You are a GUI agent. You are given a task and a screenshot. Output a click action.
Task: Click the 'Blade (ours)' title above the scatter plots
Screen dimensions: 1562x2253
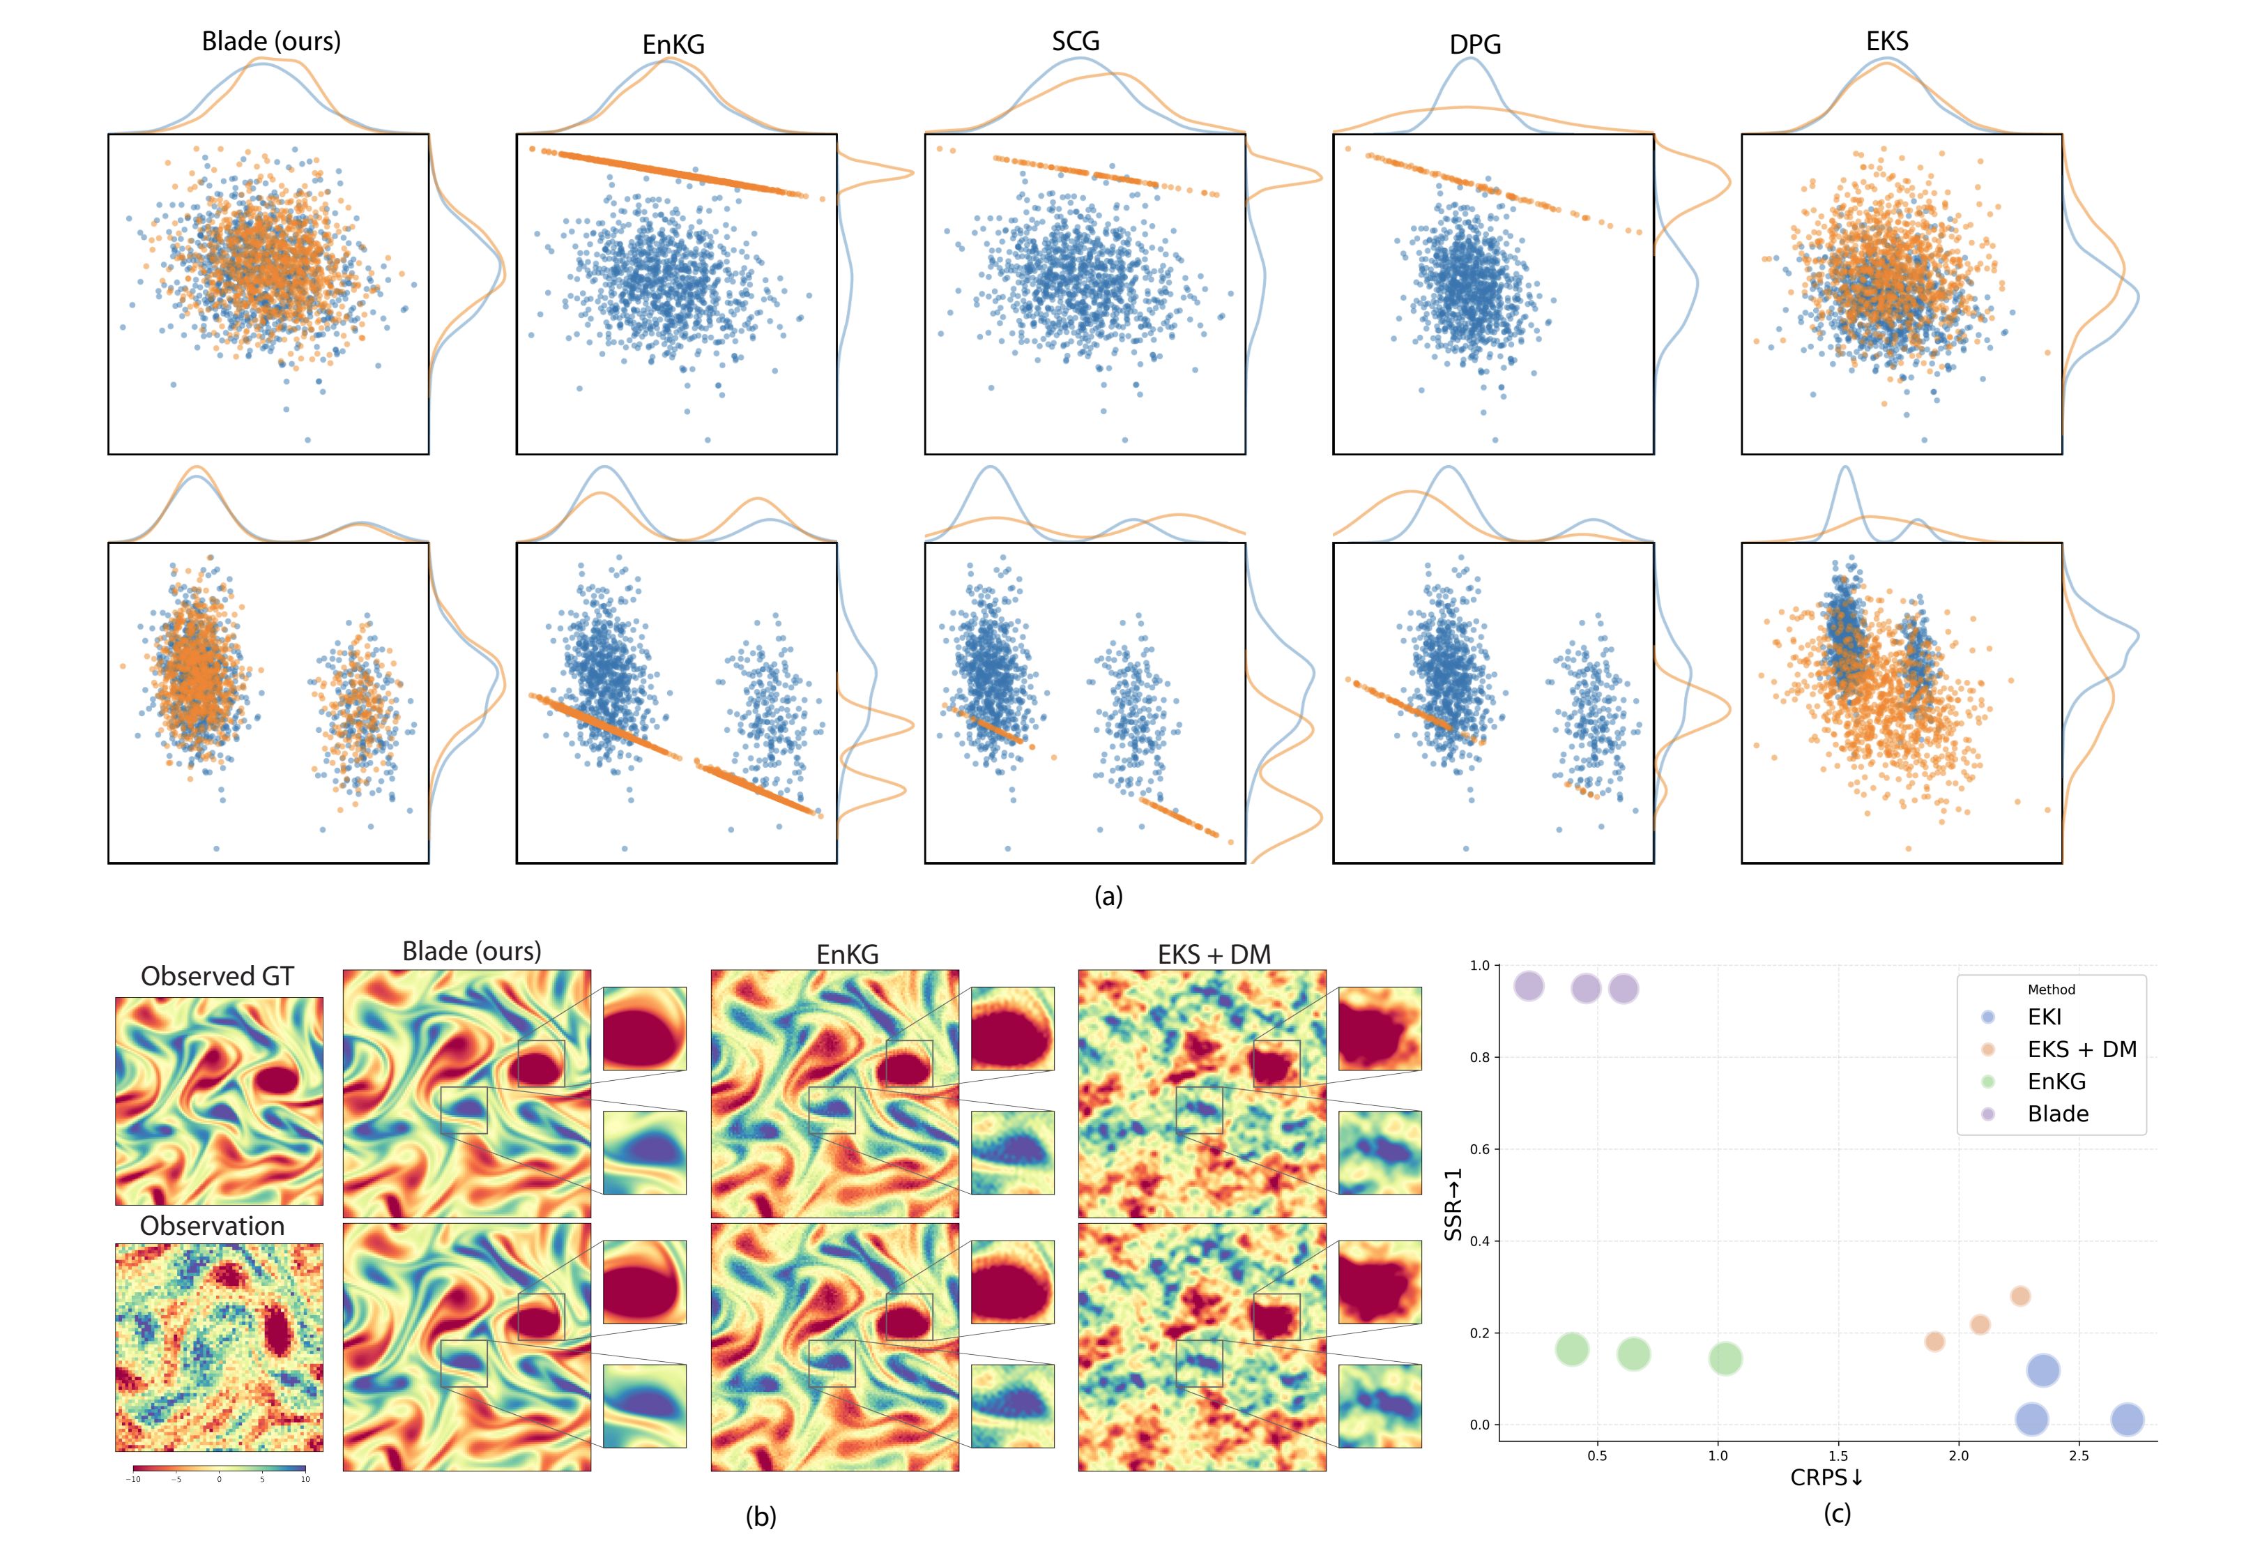(x=271, y=41)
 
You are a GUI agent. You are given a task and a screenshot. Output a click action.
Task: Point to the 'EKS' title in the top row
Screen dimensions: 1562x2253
(x=1886, y=41)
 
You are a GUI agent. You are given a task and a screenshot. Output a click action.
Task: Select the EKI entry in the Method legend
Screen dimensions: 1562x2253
(x=2044, y=1017)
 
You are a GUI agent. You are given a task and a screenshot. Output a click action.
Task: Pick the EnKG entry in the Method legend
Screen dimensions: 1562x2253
(x=2056, y=1082)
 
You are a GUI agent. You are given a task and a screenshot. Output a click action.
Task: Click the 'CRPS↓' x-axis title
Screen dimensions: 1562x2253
(x=1826, y=1477)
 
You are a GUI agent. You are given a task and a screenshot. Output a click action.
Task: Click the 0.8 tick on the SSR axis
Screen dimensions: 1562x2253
(x=1479, y=1057)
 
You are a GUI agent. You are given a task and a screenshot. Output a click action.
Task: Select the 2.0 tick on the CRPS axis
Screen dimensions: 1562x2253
(x=1957, y=1455)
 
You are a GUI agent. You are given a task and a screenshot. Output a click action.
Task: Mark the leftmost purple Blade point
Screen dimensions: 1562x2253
(x=1528, y=987)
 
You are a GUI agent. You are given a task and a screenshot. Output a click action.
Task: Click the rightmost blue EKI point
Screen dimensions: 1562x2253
(x=2127, y=1419)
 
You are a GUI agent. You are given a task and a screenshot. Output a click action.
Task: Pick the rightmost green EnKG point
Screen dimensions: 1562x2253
(x=1725, y=1358)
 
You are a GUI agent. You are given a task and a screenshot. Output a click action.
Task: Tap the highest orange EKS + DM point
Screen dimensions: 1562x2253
(x=2020, y=1296)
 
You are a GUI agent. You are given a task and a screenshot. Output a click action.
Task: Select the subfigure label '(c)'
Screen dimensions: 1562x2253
(x=1836, y=1513)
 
